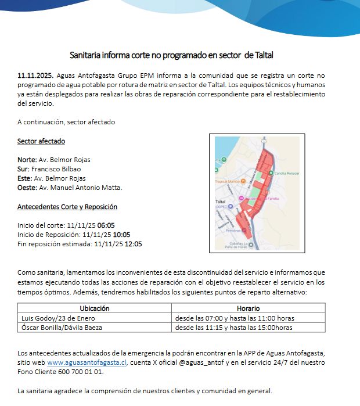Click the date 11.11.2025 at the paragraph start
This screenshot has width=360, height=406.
tap(35, 76)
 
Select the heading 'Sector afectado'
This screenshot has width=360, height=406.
tap(41, 141)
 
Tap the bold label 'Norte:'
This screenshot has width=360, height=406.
tap(27, 160)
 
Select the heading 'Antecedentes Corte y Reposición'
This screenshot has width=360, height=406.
tap(67, 207)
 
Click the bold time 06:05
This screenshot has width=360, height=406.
tap(106, 225)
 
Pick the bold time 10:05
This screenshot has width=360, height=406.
tap(121, 235)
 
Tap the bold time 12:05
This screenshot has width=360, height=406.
tap(133, 244)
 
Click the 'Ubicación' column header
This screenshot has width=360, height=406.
tap(95, 308)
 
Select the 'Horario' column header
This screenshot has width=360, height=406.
tap(248, 308)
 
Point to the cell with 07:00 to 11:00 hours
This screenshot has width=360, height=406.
tap(235, 318)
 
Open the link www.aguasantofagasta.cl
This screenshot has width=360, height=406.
tap(87, 362)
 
